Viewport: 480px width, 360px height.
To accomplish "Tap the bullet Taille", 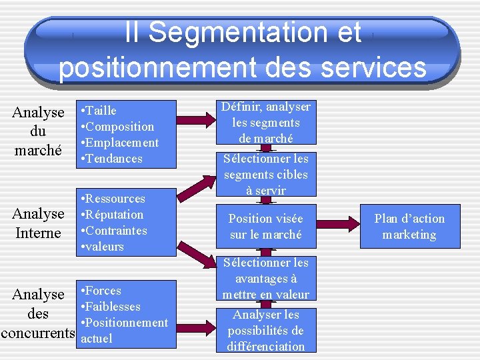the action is coord(101,111).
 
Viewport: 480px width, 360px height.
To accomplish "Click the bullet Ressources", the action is coord(115,199).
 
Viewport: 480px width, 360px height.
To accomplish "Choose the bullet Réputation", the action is coord(114,215).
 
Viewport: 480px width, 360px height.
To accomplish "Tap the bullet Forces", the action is coord(103,291).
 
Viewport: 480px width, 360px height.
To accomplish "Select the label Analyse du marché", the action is coord(38,131).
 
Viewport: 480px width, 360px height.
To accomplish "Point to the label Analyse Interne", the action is coord(38,223).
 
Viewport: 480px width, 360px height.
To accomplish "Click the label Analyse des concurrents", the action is coord(38,313).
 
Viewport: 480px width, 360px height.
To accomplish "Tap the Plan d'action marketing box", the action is coord(409,227).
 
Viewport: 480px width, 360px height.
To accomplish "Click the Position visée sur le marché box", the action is coord(265,227).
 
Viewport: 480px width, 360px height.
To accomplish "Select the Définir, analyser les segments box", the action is coord(266,123).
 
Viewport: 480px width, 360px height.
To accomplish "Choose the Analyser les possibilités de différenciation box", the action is coord(265,330).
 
